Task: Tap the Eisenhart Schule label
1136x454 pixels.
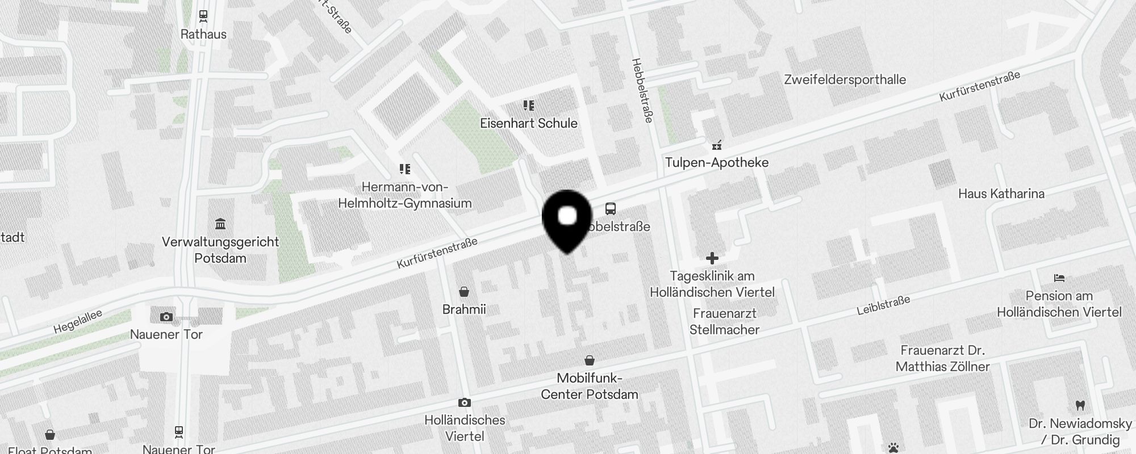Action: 528,123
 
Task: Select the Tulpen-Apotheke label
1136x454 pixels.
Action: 716,162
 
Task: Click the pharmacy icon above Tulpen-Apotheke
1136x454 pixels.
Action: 717,145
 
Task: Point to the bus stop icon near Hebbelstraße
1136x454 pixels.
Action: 611,209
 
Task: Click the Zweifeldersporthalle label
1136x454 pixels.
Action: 845,79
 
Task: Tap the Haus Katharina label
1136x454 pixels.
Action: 1001,194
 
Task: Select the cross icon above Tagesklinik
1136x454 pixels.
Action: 712,259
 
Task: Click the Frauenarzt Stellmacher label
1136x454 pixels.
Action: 724,321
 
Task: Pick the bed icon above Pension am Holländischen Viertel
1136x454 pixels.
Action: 1059,278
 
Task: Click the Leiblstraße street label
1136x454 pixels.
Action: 883,305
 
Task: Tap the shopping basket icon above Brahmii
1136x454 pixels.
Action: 464,292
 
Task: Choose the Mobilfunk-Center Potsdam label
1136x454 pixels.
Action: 589,386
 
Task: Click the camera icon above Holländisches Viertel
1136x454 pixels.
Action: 464,402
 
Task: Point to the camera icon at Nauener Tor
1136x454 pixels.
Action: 166,317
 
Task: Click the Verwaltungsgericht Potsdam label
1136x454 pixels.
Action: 220,250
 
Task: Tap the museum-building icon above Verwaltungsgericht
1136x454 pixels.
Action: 220,224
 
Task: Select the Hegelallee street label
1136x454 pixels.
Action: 78,321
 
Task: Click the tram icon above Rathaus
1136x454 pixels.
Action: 203,16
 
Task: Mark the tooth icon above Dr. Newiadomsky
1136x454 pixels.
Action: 1080,406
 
